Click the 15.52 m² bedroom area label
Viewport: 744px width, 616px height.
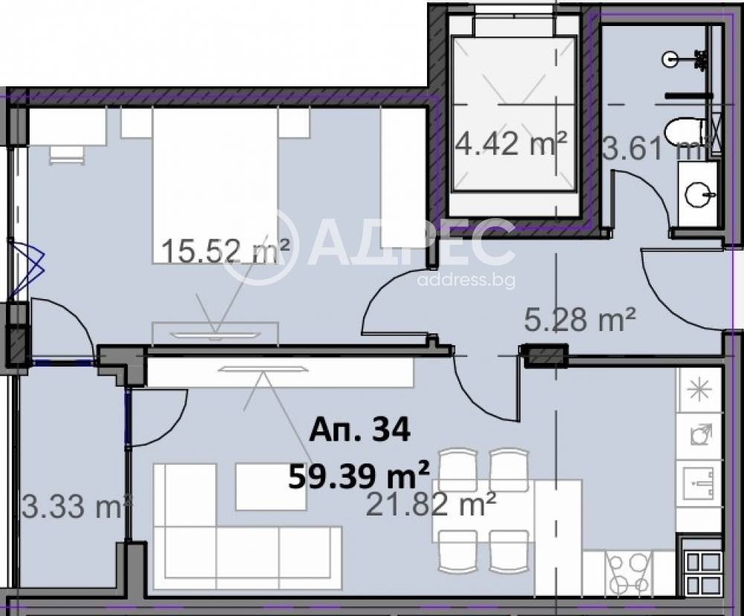pyautogui.click(x=226, y=250)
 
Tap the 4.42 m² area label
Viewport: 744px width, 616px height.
pyautogui.click(x=510, y=143)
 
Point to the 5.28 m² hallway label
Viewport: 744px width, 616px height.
pyautogui.click(x=580, y=320)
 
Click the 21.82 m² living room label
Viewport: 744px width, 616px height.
pyautogui.click(x=432, y=504)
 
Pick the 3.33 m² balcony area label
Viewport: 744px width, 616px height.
pyautogui.click(x=76, y=507)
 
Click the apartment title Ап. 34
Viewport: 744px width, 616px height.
pyautogui.click(x=359, y=431)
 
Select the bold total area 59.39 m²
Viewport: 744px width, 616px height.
pyautogui.click(x=359, y=475)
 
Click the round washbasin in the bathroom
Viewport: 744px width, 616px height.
pyautogui.click(x=699, y=194)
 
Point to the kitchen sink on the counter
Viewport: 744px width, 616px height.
pyautogui.click(x=698, y=484)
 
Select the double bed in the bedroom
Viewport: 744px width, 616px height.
pyautogui.click(x=215, y=185)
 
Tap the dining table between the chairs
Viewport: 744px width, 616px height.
pyautogui.click(x=507, y=510)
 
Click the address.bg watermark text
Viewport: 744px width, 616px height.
pyautogui.click(x=466, y=280)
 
